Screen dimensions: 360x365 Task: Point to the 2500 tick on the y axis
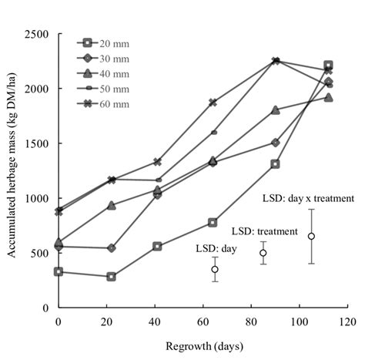37,35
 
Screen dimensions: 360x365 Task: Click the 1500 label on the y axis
37,143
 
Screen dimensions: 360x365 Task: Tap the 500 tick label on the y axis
40,253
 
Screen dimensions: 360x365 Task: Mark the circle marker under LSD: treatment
263,253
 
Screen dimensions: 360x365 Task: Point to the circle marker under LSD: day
215,269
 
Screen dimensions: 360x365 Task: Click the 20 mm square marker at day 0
59,271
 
